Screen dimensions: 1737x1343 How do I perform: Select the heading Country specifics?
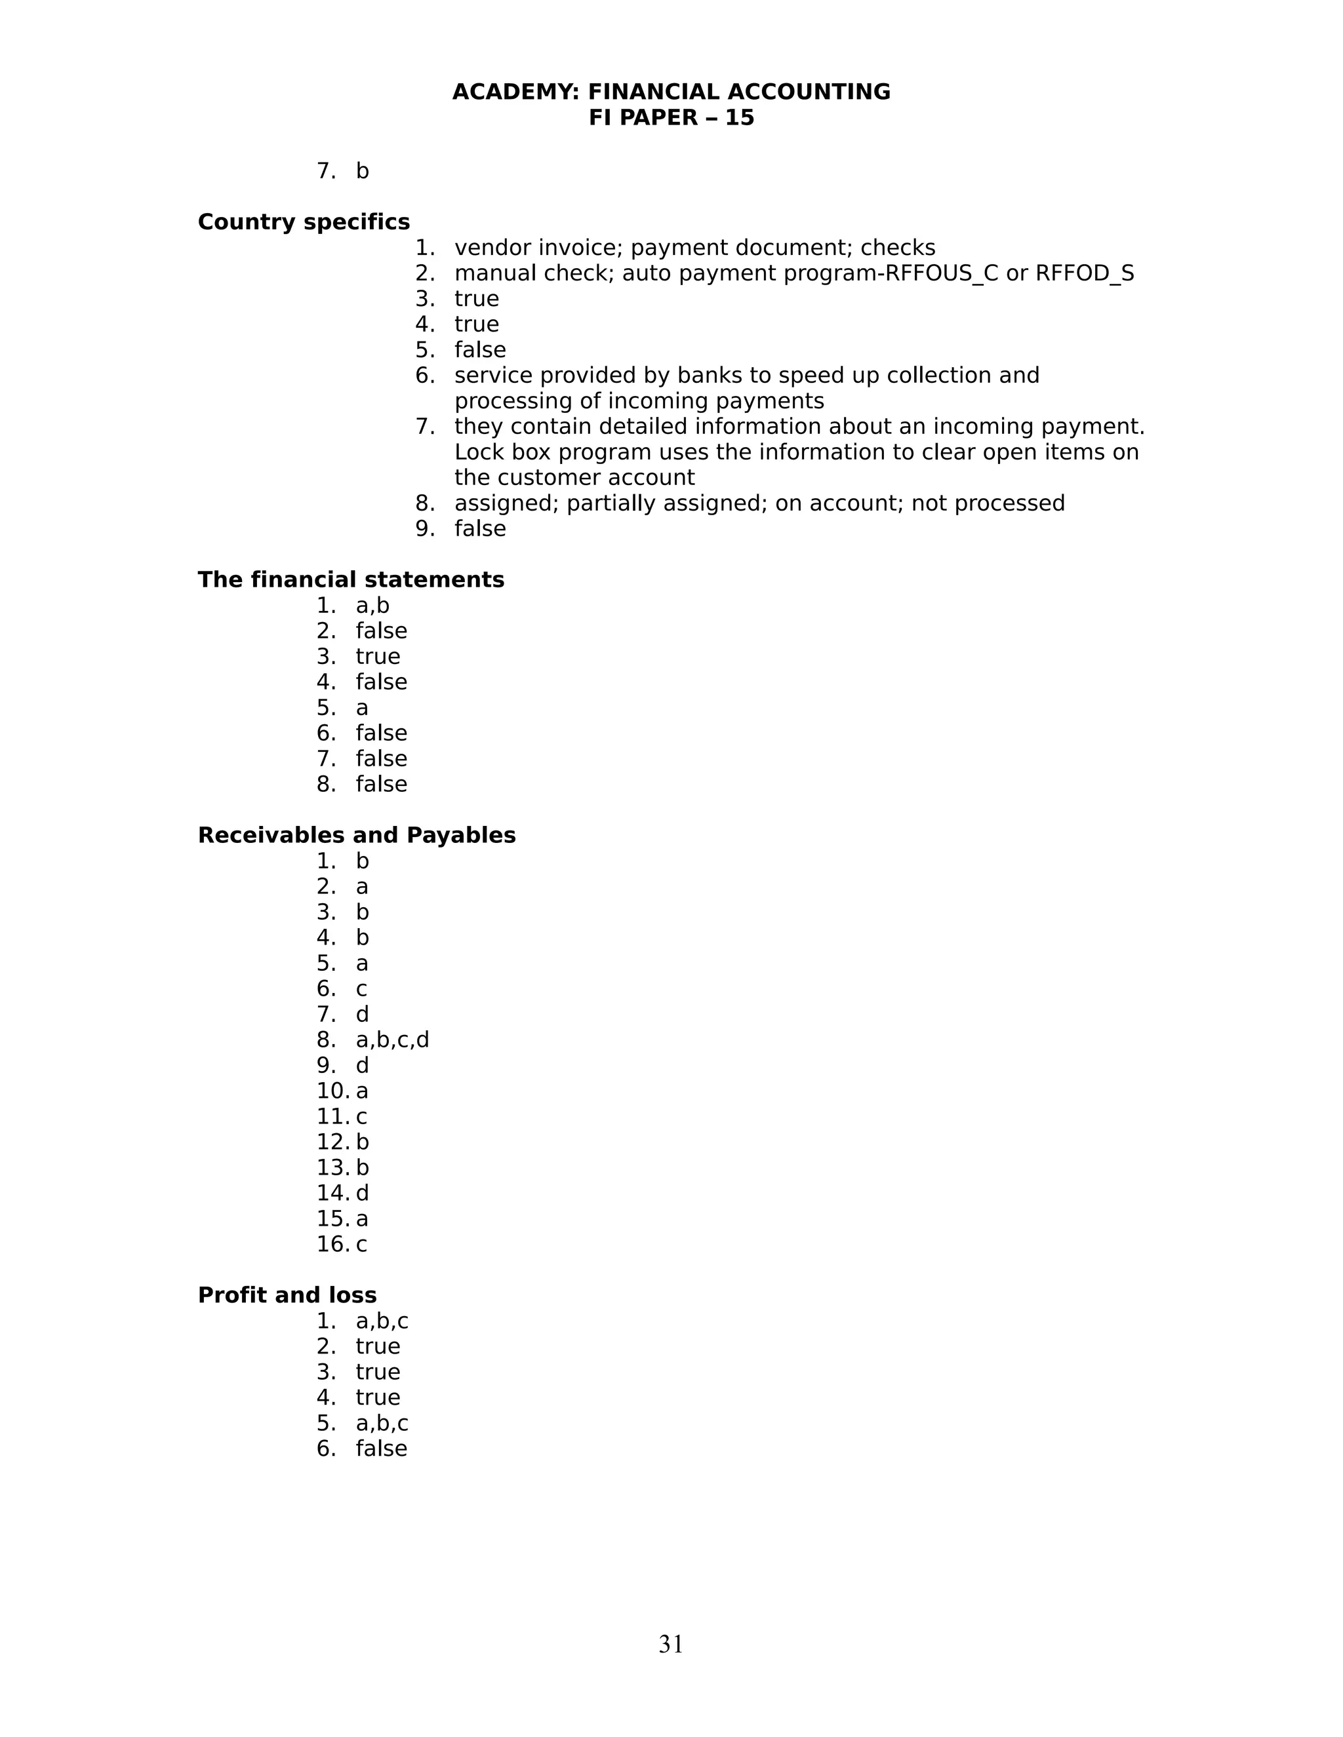(303, 222)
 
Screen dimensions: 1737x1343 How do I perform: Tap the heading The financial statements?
(350, 580)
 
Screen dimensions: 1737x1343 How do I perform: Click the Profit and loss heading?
(287, 1296)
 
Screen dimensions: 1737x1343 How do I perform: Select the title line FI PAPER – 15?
(671, 118)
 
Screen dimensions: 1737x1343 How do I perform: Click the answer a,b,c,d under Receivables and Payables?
(392, 1040)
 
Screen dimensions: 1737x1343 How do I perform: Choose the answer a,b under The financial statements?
(372, 606)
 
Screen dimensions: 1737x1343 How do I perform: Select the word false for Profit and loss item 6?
(381, 1449)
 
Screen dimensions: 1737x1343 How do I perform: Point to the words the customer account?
(574, 478)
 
